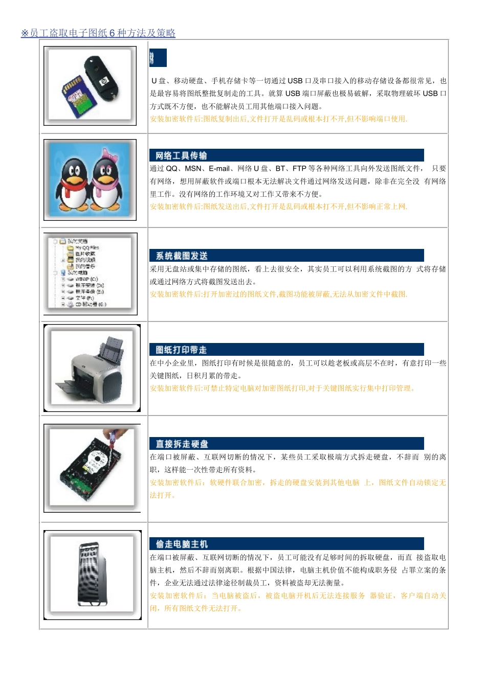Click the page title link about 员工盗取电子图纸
(x=98, y=33)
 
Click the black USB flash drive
(x=104, y=77)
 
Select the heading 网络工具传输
(x=182, y=155)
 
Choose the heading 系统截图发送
(x=182, y=256)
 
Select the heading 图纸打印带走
(x=182, y=350)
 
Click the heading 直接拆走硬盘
(x=182, y=444)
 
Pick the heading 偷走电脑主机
(x=182, y=544)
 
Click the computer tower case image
(x=93, y=575)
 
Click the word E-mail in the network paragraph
(x=219, y=169)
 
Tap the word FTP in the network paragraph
(x=299, y=169)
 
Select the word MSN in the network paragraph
(x=193, y=169)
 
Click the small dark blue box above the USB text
(x=158, y=58)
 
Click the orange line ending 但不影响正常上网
(x=278, y=207)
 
